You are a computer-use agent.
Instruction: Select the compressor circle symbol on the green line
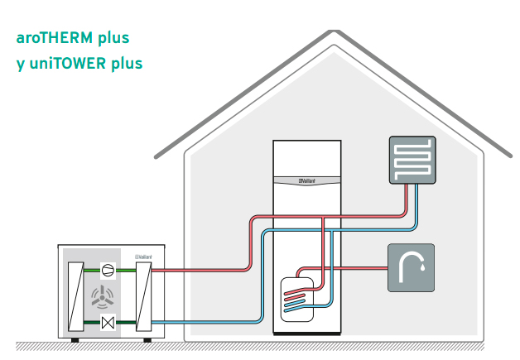pos(108,269)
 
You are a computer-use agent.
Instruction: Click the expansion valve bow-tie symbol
pos(108,322)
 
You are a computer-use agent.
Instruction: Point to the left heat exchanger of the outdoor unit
pos(75,295)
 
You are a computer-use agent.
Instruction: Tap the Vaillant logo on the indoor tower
pos(308,181)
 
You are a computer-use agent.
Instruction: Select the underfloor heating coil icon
pos(412,159)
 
